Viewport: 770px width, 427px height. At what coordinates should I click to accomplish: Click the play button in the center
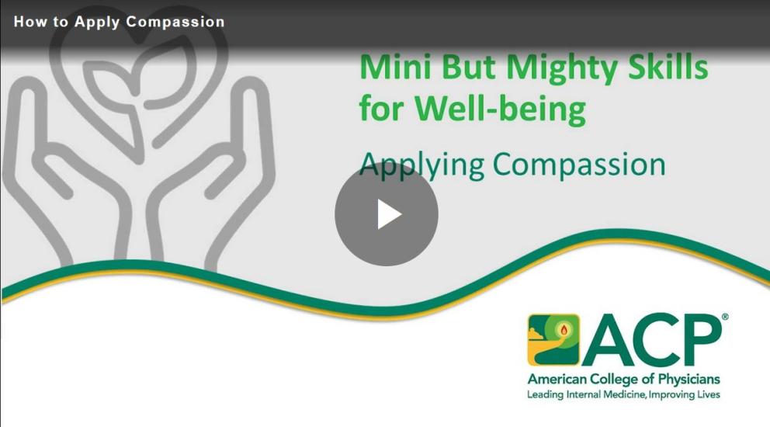click(387, 214)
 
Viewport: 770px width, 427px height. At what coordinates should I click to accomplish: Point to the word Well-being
click(500, 109)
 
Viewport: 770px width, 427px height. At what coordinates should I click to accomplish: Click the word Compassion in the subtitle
click(579, 165)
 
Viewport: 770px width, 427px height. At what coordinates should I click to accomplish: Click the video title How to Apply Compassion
click(120, 22)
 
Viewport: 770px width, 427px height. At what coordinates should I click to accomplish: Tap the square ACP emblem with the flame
click(553, 339)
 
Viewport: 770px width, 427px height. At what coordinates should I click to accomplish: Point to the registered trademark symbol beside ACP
click(725, 318)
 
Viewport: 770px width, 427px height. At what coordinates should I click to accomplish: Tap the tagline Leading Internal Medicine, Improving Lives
click(623, 394)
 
